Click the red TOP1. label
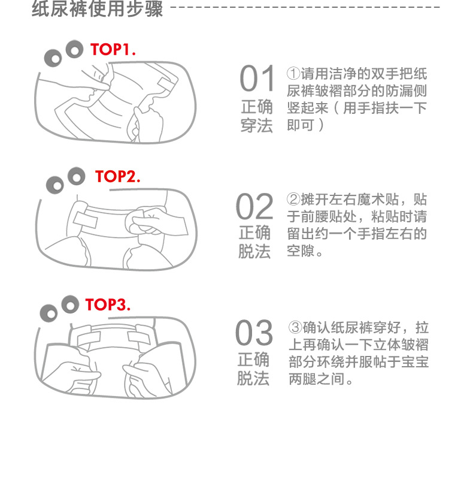point(113,49)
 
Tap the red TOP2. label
point(117,176)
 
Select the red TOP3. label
point(108,304)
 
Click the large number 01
point(257,79)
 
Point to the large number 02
point(254,206)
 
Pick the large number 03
point(254,333)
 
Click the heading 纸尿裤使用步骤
point(97,8)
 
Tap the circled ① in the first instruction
point(293,73)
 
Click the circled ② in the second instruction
point(293,200)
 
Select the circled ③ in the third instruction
point(295,327)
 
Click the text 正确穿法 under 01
point(257,116)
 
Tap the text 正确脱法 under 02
point(254,242)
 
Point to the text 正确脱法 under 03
point(253,369)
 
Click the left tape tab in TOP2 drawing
point(86,220)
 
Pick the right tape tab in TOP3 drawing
point(139,336)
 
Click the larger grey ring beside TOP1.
point(74,49)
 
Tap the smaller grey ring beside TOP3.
point(49,313)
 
